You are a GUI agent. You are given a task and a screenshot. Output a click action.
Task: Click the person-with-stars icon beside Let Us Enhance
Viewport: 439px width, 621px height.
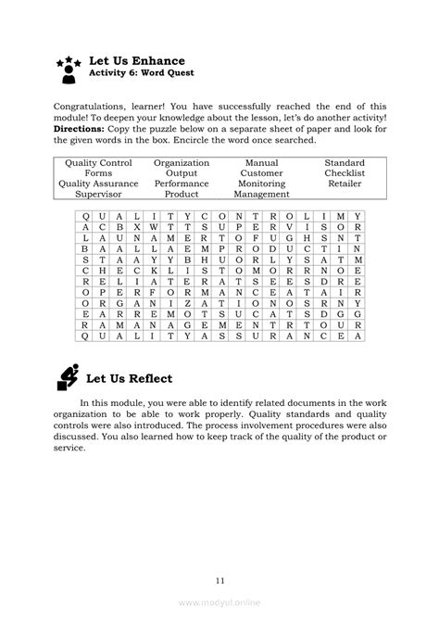(x=69, y=66)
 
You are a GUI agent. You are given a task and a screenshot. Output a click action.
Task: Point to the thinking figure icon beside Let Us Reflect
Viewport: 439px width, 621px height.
(x=68, y=377)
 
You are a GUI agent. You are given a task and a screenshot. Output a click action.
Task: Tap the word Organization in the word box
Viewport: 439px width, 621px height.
(x=182, y=162)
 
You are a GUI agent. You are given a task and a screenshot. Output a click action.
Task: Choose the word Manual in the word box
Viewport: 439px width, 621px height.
(x=261, y=162)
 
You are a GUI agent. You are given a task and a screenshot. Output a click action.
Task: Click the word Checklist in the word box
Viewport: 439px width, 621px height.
(x=344, y=172)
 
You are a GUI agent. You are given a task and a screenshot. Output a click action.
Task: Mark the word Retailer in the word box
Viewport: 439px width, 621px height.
(x=344, y=184)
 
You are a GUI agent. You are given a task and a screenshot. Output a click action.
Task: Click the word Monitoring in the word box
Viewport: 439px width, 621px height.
(x=261, y=184)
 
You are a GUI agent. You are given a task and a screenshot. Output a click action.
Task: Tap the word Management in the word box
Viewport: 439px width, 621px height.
(x=261, y=195)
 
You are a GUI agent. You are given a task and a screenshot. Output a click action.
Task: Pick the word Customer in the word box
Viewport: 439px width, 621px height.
(x=261, y=172)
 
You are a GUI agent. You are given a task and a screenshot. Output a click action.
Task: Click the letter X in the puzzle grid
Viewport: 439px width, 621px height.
(x=137, y=226)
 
